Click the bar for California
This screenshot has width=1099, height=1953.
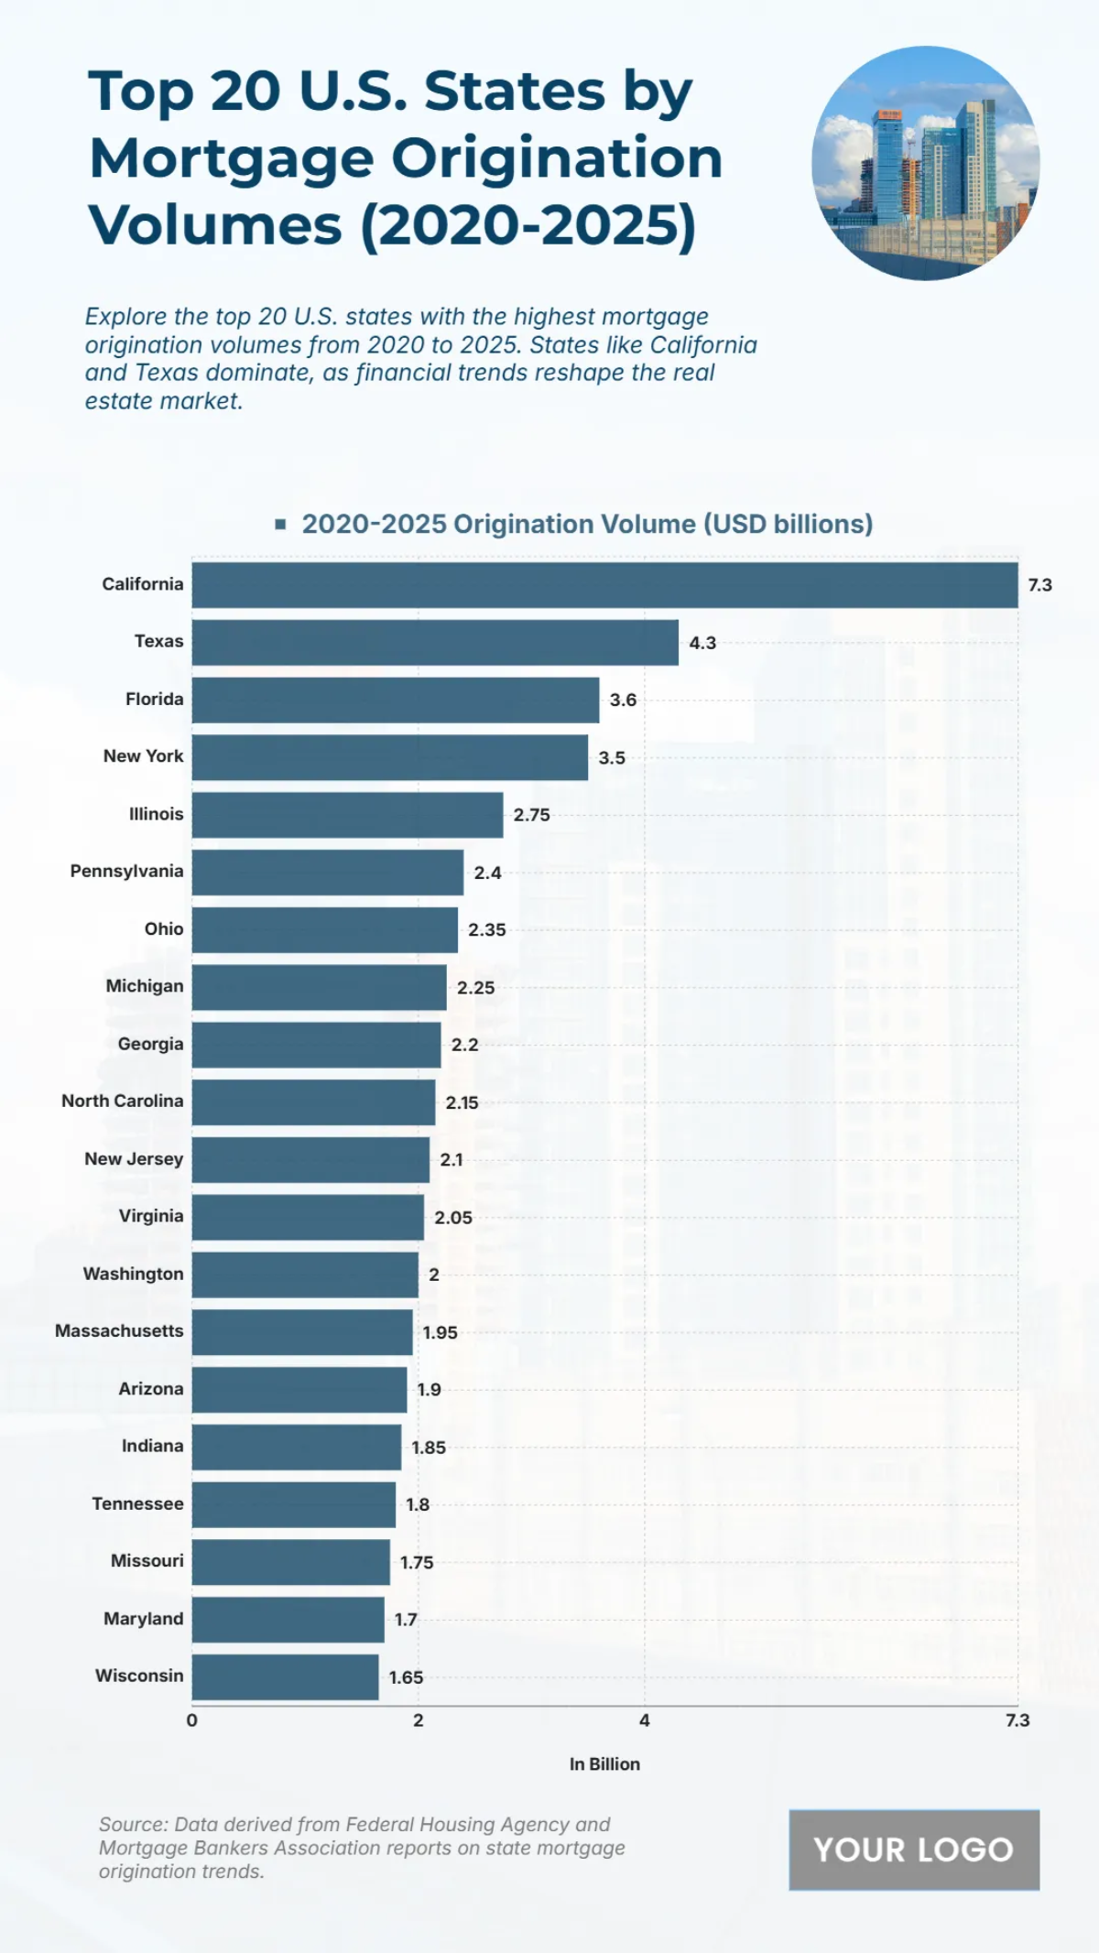pyautogui.click(x=604, y=585)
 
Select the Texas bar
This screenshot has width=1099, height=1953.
pyautogui.click(x=435, y=643)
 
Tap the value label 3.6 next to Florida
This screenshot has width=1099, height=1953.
pyautogui.click(x=623, y=700)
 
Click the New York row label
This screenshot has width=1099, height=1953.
pyautogui.click(x=143, y=756)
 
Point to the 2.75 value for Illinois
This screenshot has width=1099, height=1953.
pyautogui.click(x=531, y=815)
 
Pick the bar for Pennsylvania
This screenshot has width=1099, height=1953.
pyautogui.click(x=327, y=873)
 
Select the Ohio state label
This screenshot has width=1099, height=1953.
pyautogui.click(x=164, y=929)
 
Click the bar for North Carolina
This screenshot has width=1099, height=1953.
pyautogui.click(x=313, y=1102)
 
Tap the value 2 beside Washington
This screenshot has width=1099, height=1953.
pyautogui.click(x=433, y=1275)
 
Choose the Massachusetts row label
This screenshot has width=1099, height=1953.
pyautogui.click(x=119, y=1331)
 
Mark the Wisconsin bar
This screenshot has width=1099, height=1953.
pyautogui.click(x=285, y=1677)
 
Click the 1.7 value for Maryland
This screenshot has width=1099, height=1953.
pyautogui.click(x=406, y=1620)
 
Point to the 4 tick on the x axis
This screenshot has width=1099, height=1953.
pyautogui.click(x=644, y=1720)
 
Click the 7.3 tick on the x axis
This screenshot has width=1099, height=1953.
pyautogui.click(x=1017, y=1720)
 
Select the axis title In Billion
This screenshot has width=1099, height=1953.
pyautogui.click(x=604, y=1764)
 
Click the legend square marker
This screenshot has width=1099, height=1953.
pyautogui.click(x=280, y=525)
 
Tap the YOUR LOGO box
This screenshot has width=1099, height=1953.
pyautogui.click(x=914, y=1850)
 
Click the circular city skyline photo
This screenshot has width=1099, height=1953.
pyautogui.click(x=925, y=163)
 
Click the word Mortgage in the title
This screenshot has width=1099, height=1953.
pyautogui.click(x=232, y=158)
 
